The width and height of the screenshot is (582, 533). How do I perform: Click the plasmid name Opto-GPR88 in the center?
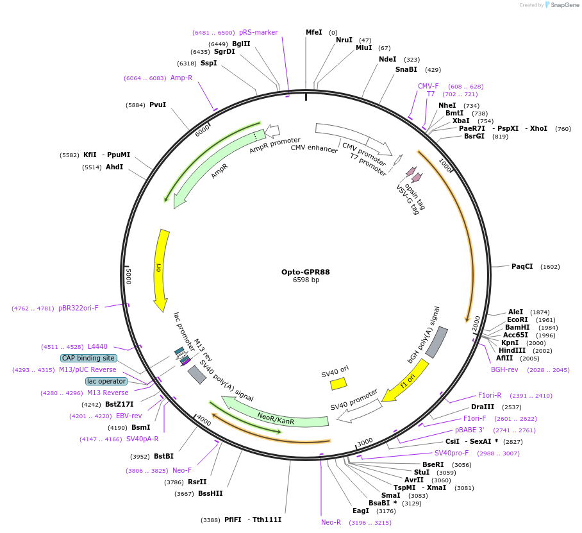pos(306,271)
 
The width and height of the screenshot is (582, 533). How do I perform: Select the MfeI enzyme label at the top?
pos(313,32)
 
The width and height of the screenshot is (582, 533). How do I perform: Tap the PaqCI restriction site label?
pos(522,266)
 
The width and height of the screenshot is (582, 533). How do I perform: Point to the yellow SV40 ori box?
pos(338,384)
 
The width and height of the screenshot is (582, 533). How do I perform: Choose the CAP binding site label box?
pos(88,358)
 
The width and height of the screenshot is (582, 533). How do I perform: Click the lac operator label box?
pos(106,381)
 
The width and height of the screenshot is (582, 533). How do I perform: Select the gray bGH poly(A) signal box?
pos(436,343)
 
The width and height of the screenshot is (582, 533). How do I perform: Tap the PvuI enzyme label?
pos(157,105)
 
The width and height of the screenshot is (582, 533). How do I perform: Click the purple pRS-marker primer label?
pos(258,32)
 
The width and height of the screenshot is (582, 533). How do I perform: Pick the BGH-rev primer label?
pos(504,369)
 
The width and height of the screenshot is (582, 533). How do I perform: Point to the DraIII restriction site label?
pos(483,407)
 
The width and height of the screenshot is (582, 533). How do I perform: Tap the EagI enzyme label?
pos(360,511)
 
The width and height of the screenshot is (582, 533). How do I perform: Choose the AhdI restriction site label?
pos(114,167)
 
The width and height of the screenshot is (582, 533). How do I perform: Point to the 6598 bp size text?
pos(306,280)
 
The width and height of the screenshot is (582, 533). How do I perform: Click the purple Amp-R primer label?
pos(181,78)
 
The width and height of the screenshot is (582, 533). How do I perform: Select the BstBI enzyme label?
pos(163,456)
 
